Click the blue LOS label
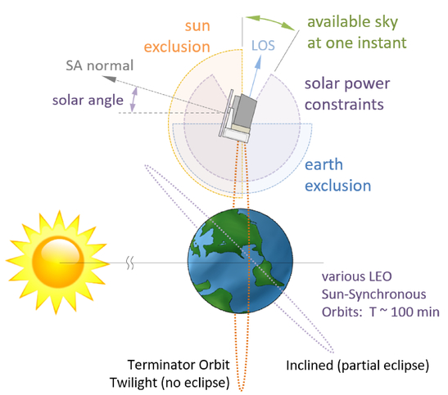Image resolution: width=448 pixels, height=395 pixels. tap(263, 46)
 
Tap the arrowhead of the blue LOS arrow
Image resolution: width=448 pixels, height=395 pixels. tap(259, 59)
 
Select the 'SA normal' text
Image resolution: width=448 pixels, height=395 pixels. tap(99, 65)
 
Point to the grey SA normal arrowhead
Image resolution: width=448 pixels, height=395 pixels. tap(109, 79)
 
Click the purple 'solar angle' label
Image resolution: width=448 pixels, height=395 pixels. tap(88, 101)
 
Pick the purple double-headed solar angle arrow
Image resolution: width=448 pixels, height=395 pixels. tap(133, 100)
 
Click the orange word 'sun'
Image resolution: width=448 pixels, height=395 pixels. tap(197, 26)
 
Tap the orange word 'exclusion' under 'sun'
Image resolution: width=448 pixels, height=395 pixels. tap(177, 47)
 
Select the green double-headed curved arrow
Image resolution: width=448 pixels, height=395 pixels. tap(270, 22)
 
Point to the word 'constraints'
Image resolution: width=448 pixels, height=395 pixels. tap(344, 105)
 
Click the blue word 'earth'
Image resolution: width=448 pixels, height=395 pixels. tap(324, 164)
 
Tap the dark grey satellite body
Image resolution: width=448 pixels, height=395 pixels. tap(244, 110)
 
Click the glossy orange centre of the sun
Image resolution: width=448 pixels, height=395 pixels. tap(58, 263)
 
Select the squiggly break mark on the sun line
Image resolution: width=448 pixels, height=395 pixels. tap(130, 263)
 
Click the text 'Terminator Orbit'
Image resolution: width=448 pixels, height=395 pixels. tap(179, 365)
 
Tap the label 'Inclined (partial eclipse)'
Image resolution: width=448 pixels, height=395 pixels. tap(357, 366)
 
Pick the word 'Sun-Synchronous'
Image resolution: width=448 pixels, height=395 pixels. tap(373, 294)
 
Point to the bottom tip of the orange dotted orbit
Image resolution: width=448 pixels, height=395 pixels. tap(241, 391)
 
